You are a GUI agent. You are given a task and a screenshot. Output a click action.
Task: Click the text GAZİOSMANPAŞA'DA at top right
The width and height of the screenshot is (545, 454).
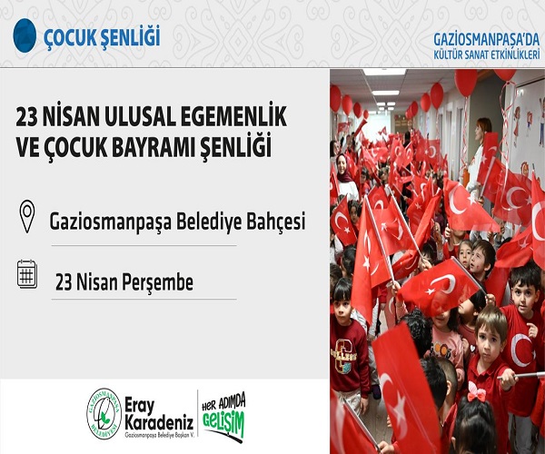(x=488, y=39)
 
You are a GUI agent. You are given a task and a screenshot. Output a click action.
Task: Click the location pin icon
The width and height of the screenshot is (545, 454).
(x=27, y=216)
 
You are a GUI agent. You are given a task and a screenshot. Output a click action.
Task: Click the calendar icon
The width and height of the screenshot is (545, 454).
(x=27, y=273)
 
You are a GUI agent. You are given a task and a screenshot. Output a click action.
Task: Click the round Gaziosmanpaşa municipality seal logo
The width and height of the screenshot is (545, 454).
(x=104, y=413)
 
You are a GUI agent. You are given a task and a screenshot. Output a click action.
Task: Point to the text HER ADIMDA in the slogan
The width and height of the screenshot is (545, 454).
(x=224, y=402)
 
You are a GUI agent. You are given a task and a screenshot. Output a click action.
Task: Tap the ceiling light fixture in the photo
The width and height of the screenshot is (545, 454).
(x=384, y=72)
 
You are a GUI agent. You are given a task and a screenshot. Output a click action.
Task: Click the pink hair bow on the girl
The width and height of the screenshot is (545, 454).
(x=475, y=391)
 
